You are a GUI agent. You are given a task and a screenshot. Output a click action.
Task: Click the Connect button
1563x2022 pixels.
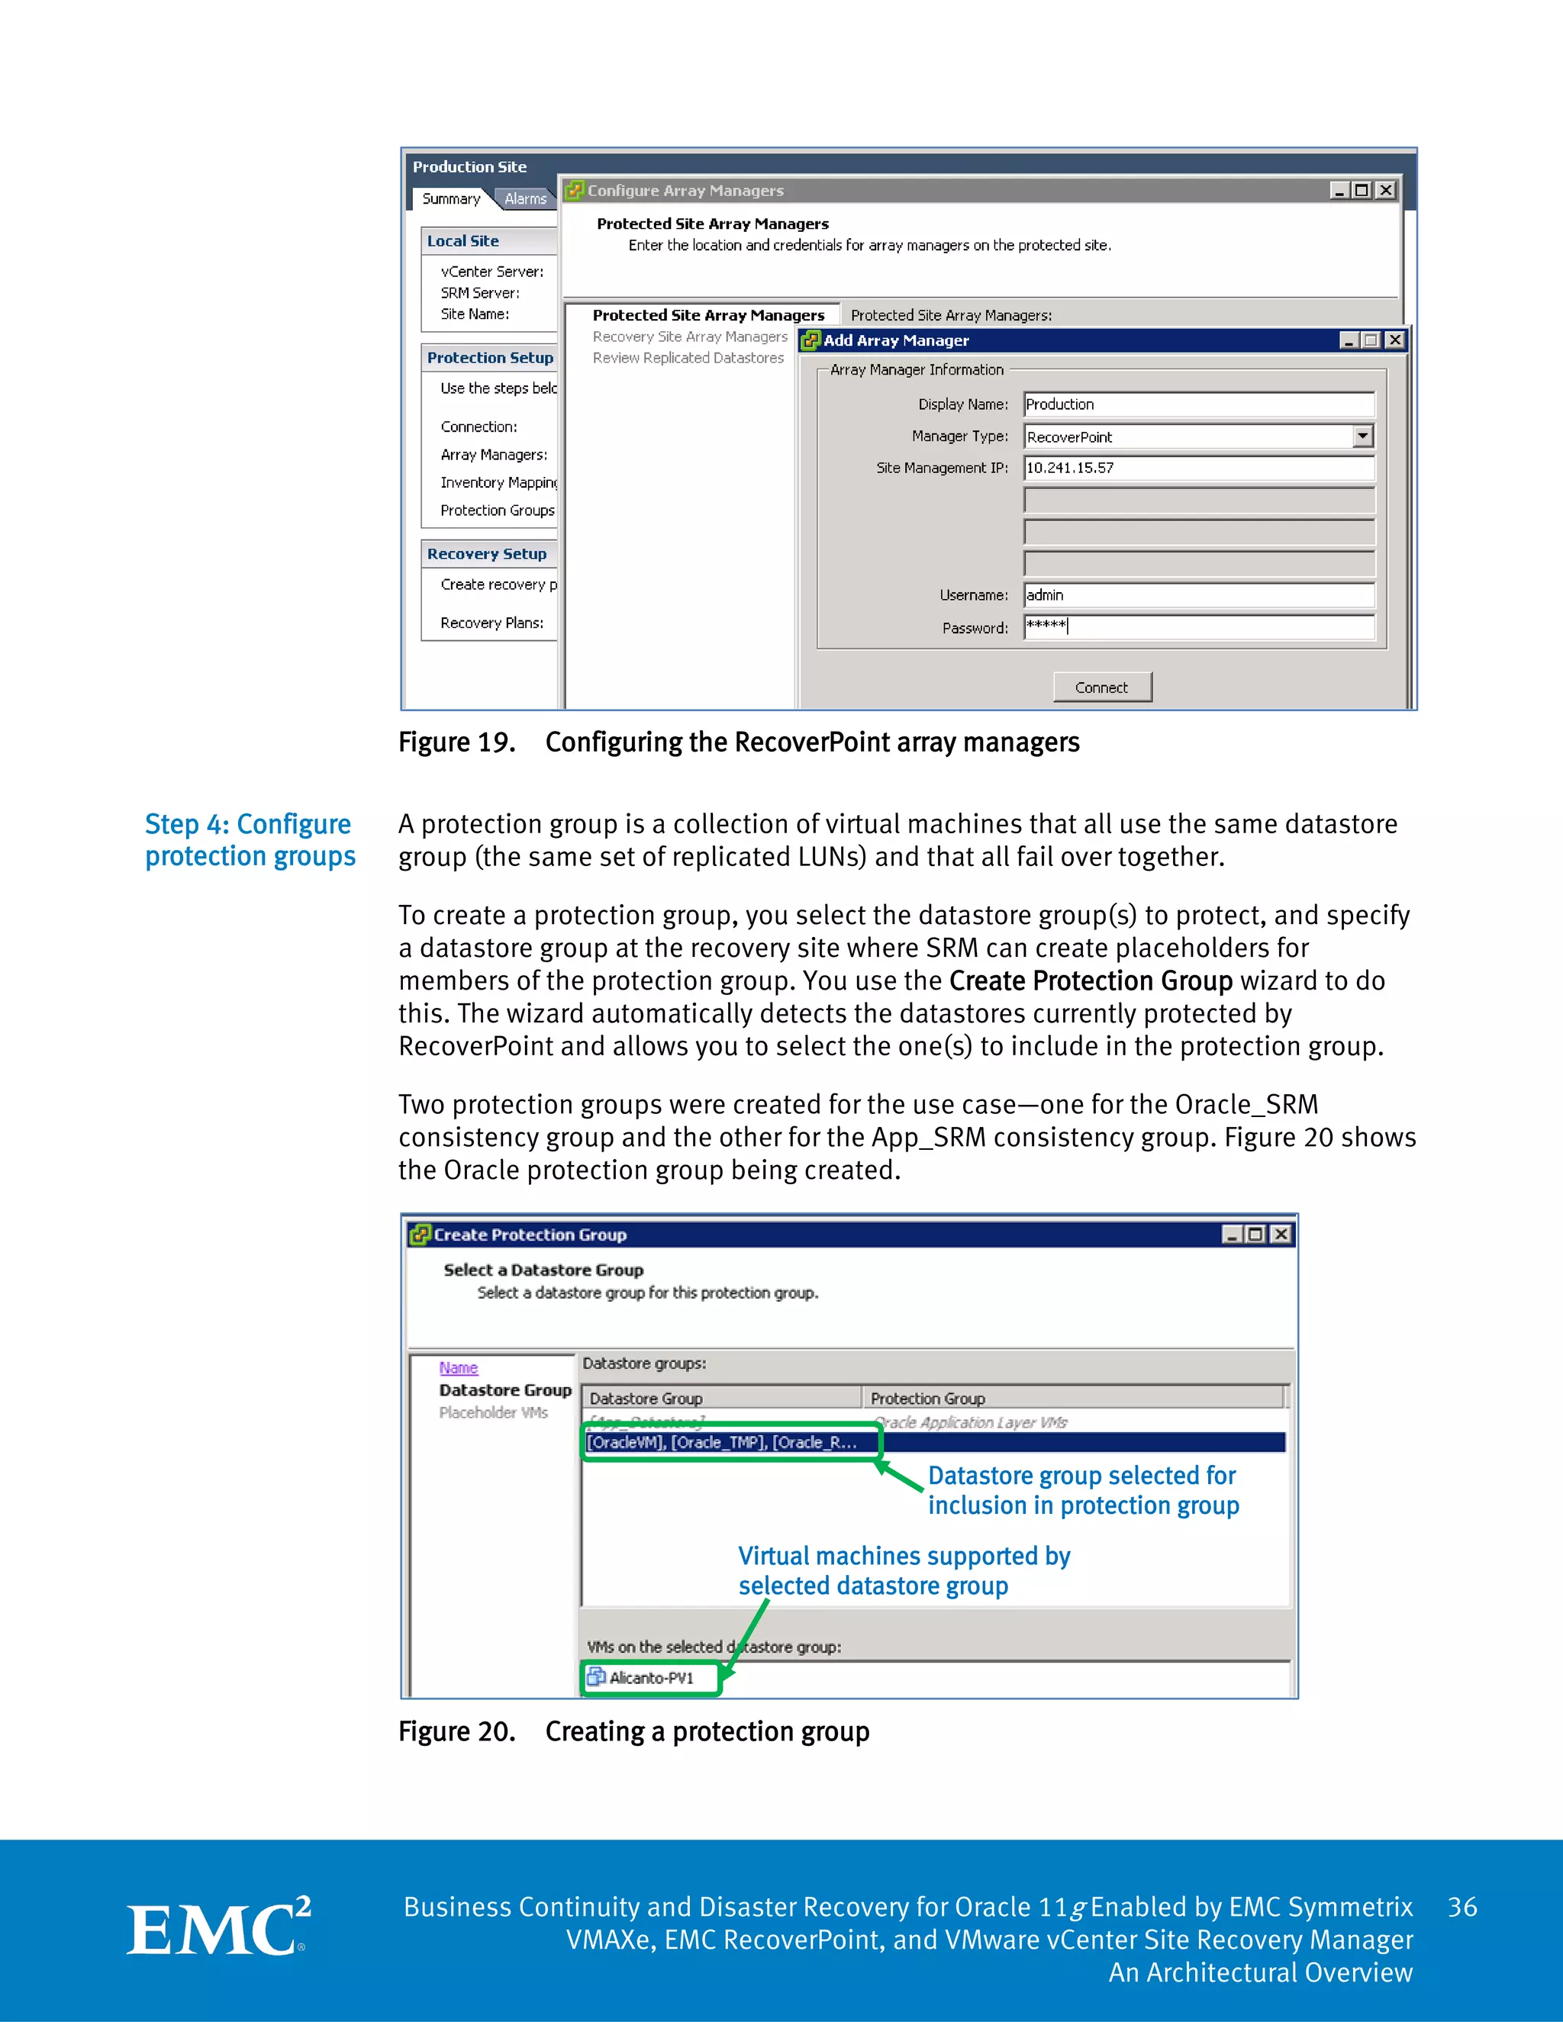(x=1102, y=687)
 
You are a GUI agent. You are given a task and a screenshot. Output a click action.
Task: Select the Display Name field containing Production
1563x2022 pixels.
(x=1198, y=404)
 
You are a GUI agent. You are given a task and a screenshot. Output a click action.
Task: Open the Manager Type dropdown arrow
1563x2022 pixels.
(x=1362, y=436)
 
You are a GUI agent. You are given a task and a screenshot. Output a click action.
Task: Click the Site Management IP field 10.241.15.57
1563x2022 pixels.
(x=1198, y=468)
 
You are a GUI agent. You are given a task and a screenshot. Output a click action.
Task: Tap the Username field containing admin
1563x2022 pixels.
(x=1198, y=595)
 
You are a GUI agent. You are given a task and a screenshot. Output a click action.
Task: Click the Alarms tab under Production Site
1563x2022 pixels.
(x=525, y=198)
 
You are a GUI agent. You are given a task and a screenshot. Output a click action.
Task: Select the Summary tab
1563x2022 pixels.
(x=452, y=198)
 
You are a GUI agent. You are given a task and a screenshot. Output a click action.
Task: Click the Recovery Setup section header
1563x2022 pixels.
(x=487, y=554)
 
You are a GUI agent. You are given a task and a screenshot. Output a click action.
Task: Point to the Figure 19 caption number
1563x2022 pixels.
(x=456, y=742)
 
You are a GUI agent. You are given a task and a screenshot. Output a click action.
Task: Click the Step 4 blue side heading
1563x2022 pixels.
(x=249, y=840)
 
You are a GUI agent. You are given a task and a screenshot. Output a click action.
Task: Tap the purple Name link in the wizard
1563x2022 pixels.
(x=459, y=1367)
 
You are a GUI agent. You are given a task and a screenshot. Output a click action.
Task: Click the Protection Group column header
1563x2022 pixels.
(x=928, y=1398)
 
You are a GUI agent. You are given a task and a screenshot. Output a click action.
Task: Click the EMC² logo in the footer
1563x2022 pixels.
(x=218, y=1930)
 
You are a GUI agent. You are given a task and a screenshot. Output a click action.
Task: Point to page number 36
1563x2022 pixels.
(x=1462, y=1908)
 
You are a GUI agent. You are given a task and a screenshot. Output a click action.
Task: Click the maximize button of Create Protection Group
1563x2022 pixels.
(x=1255, y=1234)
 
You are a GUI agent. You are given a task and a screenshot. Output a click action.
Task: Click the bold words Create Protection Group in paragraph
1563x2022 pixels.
(x=1090, y=980)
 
